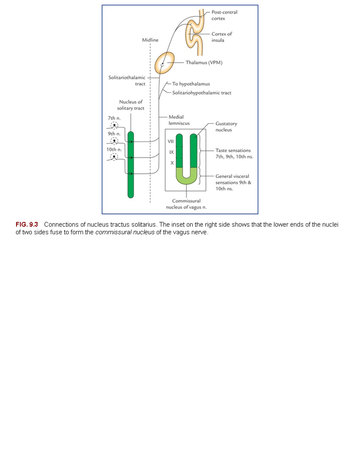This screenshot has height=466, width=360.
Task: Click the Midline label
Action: tap(150, 40)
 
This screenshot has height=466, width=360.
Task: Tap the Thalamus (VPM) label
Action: tap(204, 62)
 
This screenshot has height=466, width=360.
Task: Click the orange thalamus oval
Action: tap(165, 62)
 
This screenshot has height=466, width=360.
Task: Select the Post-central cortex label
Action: tap(224, 15)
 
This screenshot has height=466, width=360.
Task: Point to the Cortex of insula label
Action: tap(221, 37)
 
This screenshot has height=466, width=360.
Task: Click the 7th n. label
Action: tap(114, 118)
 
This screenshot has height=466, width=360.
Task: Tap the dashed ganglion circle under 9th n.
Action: tap(114, 141)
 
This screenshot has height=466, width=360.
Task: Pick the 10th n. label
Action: tap(114, 149)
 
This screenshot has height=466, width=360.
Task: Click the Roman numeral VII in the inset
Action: tap(171, 141)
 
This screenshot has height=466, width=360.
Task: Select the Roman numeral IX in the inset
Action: tap(171, 152)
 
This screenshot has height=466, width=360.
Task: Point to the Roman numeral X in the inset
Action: tap(172, 163)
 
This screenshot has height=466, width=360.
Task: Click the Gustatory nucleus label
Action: tap(226, 127)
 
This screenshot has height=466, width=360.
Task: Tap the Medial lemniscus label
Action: tap(179, 120)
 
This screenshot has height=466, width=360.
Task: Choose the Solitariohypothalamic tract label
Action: tap(202, 93)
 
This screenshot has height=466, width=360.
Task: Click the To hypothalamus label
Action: tap(191, 84)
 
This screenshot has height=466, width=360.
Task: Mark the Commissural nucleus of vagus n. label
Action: tap(186, 204)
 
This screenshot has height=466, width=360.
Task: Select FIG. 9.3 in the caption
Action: tap(27, 224)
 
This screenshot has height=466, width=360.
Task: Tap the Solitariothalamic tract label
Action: tap(127, 81)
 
